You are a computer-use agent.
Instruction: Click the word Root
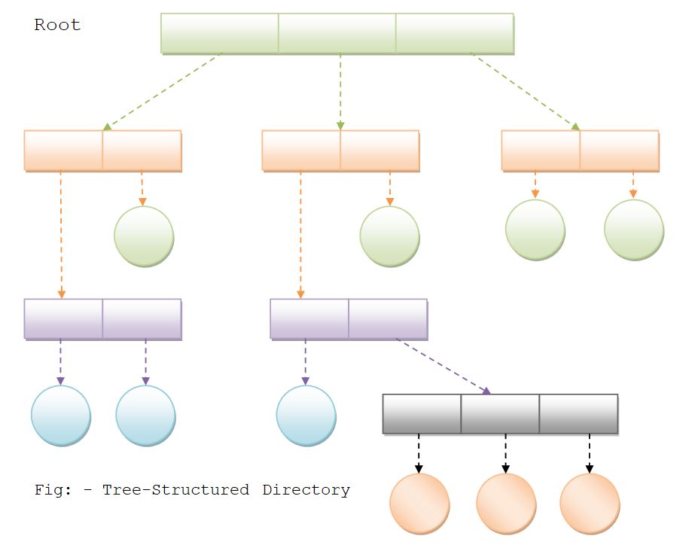tap(57, 25)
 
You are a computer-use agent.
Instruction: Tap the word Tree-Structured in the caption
tap(175, 490)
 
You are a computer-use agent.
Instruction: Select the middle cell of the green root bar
tap(337, 33)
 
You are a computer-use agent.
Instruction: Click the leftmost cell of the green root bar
tap(220, 33)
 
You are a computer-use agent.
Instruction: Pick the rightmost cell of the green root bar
tap(455, 33)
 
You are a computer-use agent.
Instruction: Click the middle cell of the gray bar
tap(500, 414)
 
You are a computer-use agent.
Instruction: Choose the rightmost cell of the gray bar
tap(578, 414)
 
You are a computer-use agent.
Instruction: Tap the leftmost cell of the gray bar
tap(422, 414)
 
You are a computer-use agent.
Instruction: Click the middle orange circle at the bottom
tap(506, 504)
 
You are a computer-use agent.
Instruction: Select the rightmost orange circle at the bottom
tap(590, 504)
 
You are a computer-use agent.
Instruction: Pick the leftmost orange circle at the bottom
tap(419, 504)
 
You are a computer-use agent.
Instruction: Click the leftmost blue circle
tap(61, 416)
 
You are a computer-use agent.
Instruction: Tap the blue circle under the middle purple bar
tap(306, 416)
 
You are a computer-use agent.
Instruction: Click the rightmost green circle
tap(634, 230)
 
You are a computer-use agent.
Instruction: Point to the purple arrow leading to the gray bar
tap(443, 367)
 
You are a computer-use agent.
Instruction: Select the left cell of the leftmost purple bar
tap(63, 319)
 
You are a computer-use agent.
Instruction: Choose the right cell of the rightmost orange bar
tap(619, 151)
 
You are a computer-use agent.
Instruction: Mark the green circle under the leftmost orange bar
tap(144, 236)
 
